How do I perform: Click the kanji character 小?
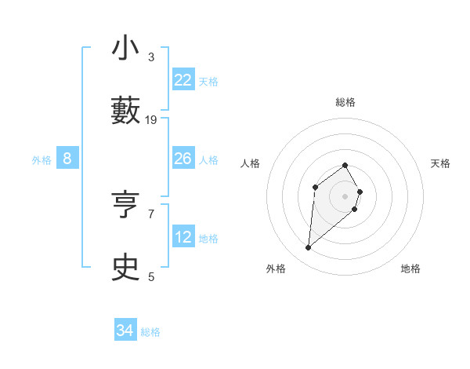pos(126,49)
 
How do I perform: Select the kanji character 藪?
pos(126,110)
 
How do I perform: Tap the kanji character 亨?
pos(126,206)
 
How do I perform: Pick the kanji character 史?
pos(126,268)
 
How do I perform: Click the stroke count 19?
pos(151,119)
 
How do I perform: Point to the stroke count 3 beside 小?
pos(151,57)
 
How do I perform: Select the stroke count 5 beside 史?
pos(151,276)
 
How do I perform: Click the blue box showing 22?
pos(183,80)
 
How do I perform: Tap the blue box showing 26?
pos(183,159)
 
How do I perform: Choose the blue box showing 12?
pos(183,237)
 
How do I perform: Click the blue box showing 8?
pos(67,159)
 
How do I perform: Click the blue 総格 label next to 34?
pos(150,332)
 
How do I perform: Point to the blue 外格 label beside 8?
pos(42,160)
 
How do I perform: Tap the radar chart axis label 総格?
pos(345,102)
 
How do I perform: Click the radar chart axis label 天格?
pos(441,163)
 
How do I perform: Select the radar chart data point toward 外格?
pos(309,248)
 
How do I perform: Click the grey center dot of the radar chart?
pos(345,196)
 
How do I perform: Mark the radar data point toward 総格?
pos(345,165)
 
